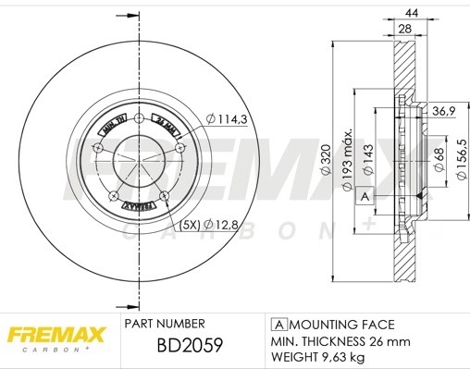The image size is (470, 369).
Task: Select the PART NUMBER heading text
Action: pos(164,325)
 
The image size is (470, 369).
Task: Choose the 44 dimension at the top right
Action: pos(412,13)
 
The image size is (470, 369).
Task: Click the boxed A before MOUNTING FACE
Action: pos(278,325)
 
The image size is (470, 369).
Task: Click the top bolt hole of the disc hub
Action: pos(138,117)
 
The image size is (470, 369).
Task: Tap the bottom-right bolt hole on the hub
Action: pos(164,195)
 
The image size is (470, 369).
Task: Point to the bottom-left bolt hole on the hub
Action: pos(113,195)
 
